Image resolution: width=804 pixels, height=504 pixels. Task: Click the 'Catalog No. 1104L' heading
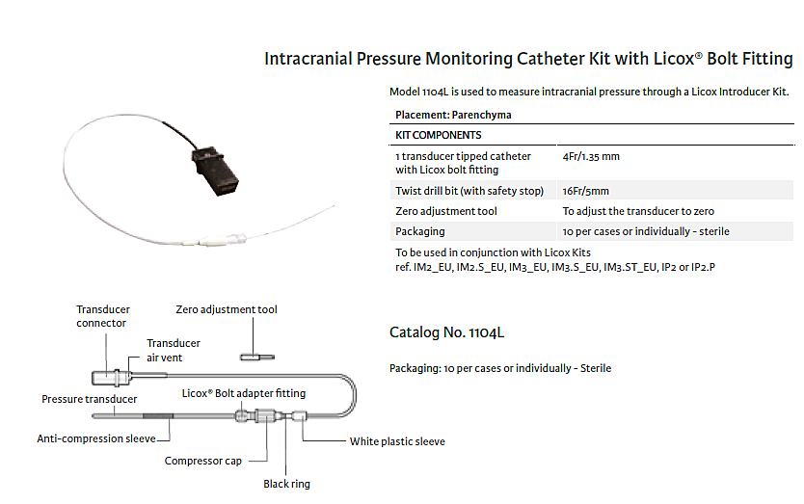(446, 332)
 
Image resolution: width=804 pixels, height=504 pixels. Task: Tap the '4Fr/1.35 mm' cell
(591, 156)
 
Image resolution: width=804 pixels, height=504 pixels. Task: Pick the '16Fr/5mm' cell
(585, 191)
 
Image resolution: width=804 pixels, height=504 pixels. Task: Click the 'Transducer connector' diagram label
(102, 316)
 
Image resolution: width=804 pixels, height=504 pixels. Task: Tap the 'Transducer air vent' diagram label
(173, 350)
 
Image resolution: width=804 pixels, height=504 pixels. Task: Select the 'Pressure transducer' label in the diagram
(89, 399)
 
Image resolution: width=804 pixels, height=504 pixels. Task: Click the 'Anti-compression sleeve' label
(96, 438)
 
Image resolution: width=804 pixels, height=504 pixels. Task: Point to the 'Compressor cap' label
(203, 461)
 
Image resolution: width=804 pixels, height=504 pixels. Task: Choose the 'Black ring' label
(287, 484)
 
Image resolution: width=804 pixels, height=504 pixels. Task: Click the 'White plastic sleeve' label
(397, 442)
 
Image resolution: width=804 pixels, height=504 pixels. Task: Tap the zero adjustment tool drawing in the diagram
(255, 358)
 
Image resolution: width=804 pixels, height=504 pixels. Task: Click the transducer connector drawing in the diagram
(106, 377)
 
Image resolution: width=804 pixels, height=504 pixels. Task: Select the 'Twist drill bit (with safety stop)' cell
(469, 191)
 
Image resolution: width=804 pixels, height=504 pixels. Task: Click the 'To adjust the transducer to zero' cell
(638, 211)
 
